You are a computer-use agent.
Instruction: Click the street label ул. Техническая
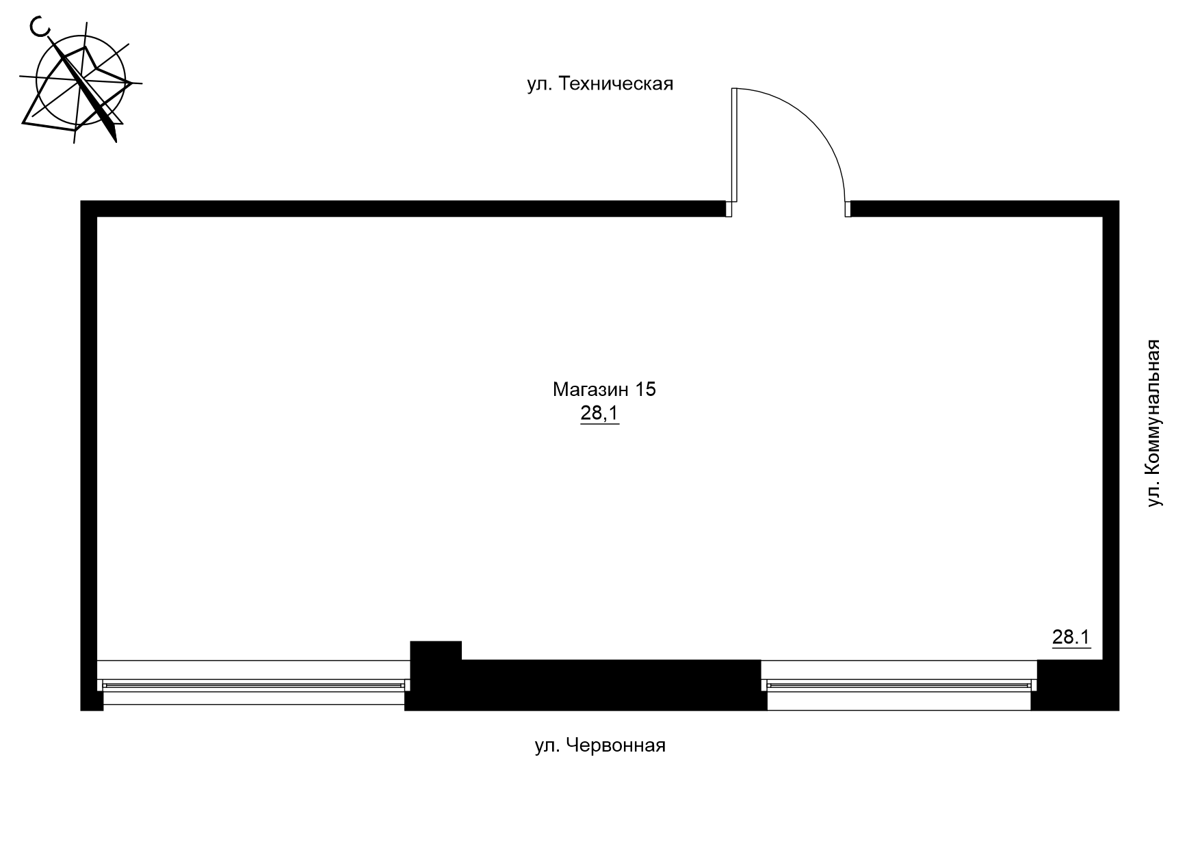click(600, 84)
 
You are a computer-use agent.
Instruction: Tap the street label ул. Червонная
click(599, 745)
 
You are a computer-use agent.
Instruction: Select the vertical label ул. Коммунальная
click(1154, 423)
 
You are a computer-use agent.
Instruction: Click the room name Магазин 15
click(604, 390)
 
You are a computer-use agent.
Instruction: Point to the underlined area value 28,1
click(599, 414)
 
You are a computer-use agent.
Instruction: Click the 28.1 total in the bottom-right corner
click(1070, 637)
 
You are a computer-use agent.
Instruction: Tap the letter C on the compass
click(40, 27)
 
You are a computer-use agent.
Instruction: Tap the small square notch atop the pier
click(436, 650)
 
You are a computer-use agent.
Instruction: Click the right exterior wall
click(1110, 431)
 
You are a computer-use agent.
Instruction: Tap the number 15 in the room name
click(645, 390)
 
